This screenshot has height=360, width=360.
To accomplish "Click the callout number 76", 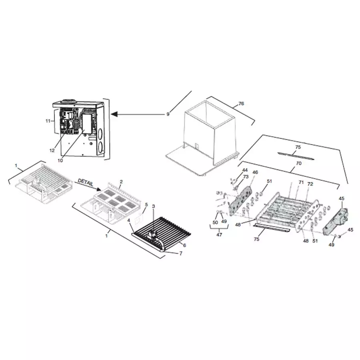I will [x=241, y=104].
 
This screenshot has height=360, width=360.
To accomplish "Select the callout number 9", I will [x=168, y=114].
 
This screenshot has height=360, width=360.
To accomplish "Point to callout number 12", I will [x=52, y=151].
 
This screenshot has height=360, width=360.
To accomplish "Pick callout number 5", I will [x=146, y=204].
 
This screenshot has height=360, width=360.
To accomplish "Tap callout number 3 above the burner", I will [x=153, y=206].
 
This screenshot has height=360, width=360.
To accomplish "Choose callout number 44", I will [x=245, y=171].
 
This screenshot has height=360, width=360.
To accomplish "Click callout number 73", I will [x=246, y=177].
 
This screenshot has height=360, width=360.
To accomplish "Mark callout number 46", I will [x=255, y=172].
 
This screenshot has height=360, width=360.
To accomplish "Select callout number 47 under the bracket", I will [x=219, y=235].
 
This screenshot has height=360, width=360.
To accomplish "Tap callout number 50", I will [x=215, y=222].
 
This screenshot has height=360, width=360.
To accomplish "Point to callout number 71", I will [x=301, y=182].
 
